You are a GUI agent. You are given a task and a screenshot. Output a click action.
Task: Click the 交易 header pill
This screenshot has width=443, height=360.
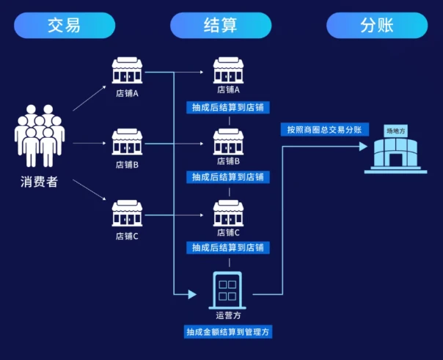pos(64,26)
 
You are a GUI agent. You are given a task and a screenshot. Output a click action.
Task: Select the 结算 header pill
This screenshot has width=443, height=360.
pos(220,26)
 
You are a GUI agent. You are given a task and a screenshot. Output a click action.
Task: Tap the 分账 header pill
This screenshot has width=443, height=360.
pos(377,26)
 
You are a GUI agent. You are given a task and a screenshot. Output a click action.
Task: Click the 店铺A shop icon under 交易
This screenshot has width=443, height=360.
pos(127,70)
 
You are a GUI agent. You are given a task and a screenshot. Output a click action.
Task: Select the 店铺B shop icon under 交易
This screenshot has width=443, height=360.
pos(127,142)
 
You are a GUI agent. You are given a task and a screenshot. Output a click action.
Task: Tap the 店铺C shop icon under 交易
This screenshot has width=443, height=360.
pos(127,213)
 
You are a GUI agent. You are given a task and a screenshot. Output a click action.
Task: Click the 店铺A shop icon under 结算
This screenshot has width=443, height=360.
pos(228,70)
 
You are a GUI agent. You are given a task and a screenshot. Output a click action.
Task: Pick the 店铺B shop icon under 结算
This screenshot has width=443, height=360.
pos(228,142)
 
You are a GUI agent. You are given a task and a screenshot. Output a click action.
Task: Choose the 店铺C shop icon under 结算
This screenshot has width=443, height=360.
pos(228,213)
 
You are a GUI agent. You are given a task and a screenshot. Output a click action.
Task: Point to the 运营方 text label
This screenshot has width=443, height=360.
pos(228,316)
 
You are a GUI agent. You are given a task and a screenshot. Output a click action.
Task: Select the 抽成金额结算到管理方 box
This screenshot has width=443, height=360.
pos(228,331)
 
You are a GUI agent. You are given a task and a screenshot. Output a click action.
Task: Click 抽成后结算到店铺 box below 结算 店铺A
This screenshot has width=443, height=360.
pos(228,108)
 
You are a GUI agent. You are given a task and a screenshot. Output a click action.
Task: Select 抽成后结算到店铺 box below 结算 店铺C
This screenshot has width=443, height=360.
pos(228,248)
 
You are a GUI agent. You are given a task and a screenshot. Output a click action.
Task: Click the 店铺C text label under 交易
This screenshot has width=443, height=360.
pos(127,236)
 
